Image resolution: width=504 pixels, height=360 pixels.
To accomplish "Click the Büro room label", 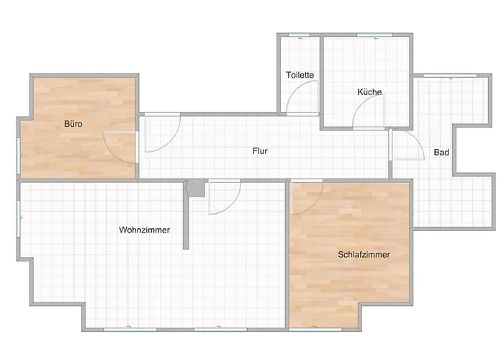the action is point(73,124).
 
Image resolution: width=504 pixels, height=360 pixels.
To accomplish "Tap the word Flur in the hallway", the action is point(260,150).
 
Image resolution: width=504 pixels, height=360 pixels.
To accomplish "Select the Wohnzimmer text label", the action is point(144,230).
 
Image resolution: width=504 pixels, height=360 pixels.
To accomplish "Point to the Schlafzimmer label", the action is point(364,255).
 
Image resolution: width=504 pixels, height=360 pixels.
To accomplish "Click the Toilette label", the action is point(300,75).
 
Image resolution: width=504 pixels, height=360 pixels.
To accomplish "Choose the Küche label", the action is point(369,92).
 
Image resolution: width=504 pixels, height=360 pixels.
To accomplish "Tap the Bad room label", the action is point(441,153).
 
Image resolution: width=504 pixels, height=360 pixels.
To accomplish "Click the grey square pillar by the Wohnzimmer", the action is point(196,188).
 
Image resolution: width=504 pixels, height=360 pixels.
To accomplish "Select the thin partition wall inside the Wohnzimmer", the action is point(186,215).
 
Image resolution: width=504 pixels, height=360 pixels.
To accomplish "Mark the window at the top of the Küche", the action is point(374,35).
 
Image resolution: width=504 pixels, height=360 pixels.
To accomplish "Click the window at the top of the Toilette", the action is point(299,35).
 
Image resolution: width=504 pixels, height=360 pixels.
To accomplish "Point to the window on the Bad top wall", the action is point(450,76).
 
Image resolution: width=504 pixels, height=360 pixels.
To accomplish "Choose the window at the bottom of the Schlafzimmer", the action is point(315,330).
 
